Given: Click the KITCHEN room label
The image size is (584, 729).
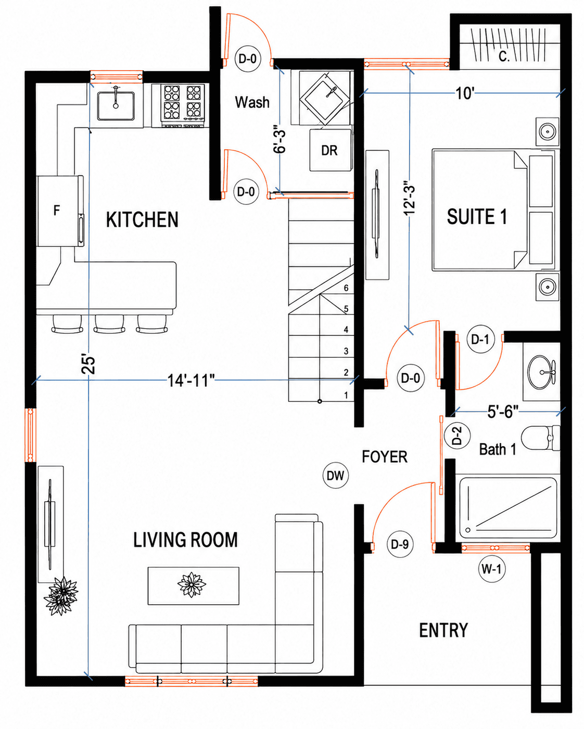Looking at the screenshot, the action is click(x=142, y=219).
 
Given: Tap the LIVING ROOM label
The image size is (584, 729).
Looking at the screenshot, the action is click(x=185, y=540).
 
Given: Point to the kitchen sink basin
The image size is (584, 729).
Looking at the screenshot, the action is click(x=116, y=106).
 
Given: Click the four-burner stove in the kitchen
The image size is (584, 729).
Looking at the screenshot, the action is click(x=183, y=106).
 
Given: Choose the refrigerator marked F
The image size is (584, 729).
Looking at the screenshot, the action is click(x=60, y=211).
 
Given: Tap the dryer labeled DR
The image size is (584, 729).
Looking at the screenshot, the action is click(x=331, y=150).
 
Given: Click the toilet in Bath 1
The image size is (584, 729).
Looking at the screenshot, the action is click(x=540, y=438).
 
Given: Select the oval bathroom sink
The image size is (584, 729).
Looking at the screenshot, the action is click(x=541, y=372).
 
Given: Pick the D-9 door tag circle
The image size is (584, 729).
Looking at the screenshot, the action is click(x=400, y=544).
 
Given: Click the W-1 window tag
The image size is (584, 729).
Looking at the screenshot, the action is click(x=492, y=569).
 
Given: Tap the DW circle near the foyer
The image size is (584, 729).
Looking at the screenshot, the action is click(x=335, y=476).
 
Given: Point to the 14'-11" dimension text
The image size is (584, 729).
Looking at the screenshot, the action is click(x=191, y=381).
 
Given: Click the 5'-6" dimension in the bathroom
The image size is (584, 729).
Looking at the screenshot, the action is click(x=503, y=412).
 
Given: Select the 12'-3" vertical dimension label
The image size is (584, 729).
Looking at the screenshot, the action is click(x=409, y=200).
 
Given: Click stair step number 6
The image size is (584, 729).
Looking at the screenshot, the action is click(x=346, y=288).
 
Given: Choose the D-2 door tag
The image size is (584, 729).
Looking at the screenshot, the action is click(x=457, y=436).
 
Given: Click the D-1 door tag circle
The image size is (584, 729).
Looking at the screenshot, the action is click(x=480, y=339).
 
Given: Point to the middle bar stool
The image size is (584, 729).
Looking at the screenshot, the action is click(x=109, y=324).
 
